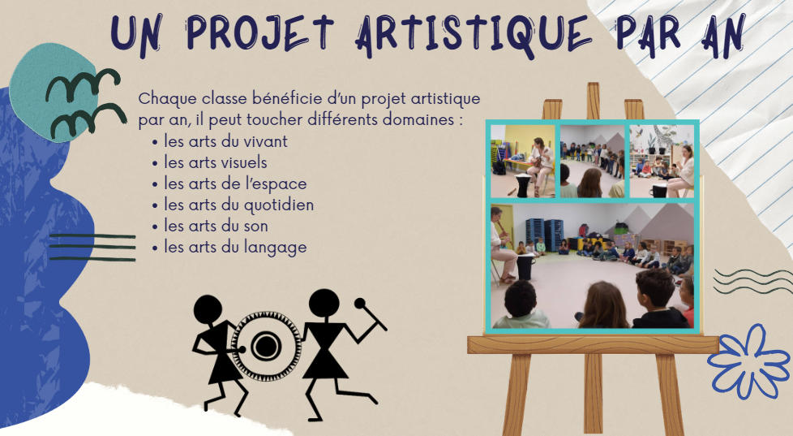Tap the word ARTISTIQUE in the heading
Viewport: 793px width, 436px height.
click(474, 34)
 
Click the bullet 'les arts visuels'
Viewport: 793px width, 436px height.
click(210, 162)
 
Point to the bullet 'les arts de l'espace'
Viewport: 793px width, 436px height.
click(229, 183)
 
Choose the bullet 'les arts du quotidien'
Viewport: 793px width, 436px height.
click(234, 205)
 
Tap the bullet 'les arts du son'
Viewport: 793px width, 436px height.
click(210, 226)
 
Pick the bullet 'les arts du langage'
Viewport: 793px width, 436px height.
click(229, 248)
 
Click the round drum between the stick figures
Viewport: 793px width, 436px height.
click(266, 346)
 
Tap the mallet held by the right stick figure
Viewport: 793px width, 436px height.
click(371, 314)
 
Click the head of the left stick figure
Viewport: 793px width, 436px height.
click(208, 309)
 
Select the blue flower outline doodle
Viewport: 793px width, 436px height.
click(748, 361)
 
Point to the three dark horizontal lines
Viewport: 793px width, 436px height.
click(92, 248)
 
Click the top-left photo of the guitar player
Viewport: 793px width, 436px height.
click(523, 162)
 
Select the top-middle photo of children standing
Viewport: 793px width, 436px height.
click(592, 162)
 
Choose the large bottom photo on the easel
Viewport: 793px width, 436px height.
click(592, 265)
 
